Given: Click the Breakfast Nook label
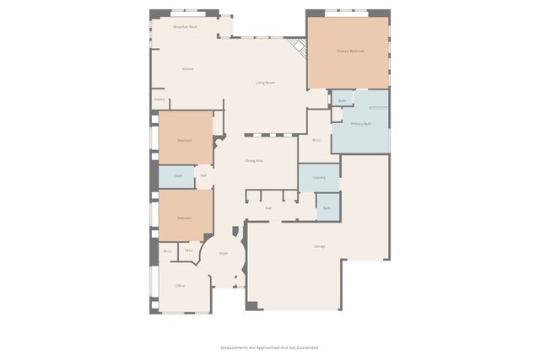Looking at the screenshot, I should point(185,27).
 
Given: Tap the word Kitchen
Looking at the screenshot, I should point(188,68).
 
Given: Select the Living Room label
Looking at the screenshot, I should point(265,83).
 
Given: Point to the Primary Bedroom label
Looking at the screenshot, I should point(350,51).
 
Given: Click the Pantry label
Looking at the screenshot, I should point(159,100).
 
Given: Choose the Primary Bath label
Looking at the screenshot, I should point(361,124).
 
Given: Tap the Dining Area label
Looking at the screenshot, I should point(254,160).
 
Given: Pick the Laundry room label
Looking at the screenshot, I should point(318,178).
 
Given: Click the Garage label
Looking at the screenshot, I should point(319,247).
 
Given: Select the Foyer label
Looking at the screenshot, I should point(224,253).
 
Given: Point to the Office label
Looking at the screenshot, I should point(180,286).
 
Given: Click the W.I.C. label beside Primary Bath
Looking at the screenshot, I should point(316,140).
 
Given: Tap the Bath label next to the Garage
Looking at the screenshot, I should point(327,207).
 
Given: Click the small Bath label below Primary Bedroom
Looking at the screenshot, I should point(342,101).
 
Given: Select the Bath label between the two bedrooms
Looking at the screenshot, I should point(178,176).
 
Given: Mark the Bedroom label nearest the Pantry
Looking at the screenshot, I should point(184,140).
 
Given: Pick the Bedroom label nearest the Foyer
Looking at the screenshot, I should point(184,218).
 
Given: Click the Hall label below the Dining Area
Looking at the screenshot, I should point(267,207).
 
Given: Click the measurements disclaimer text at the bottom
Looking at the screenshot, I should point(269,347).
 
